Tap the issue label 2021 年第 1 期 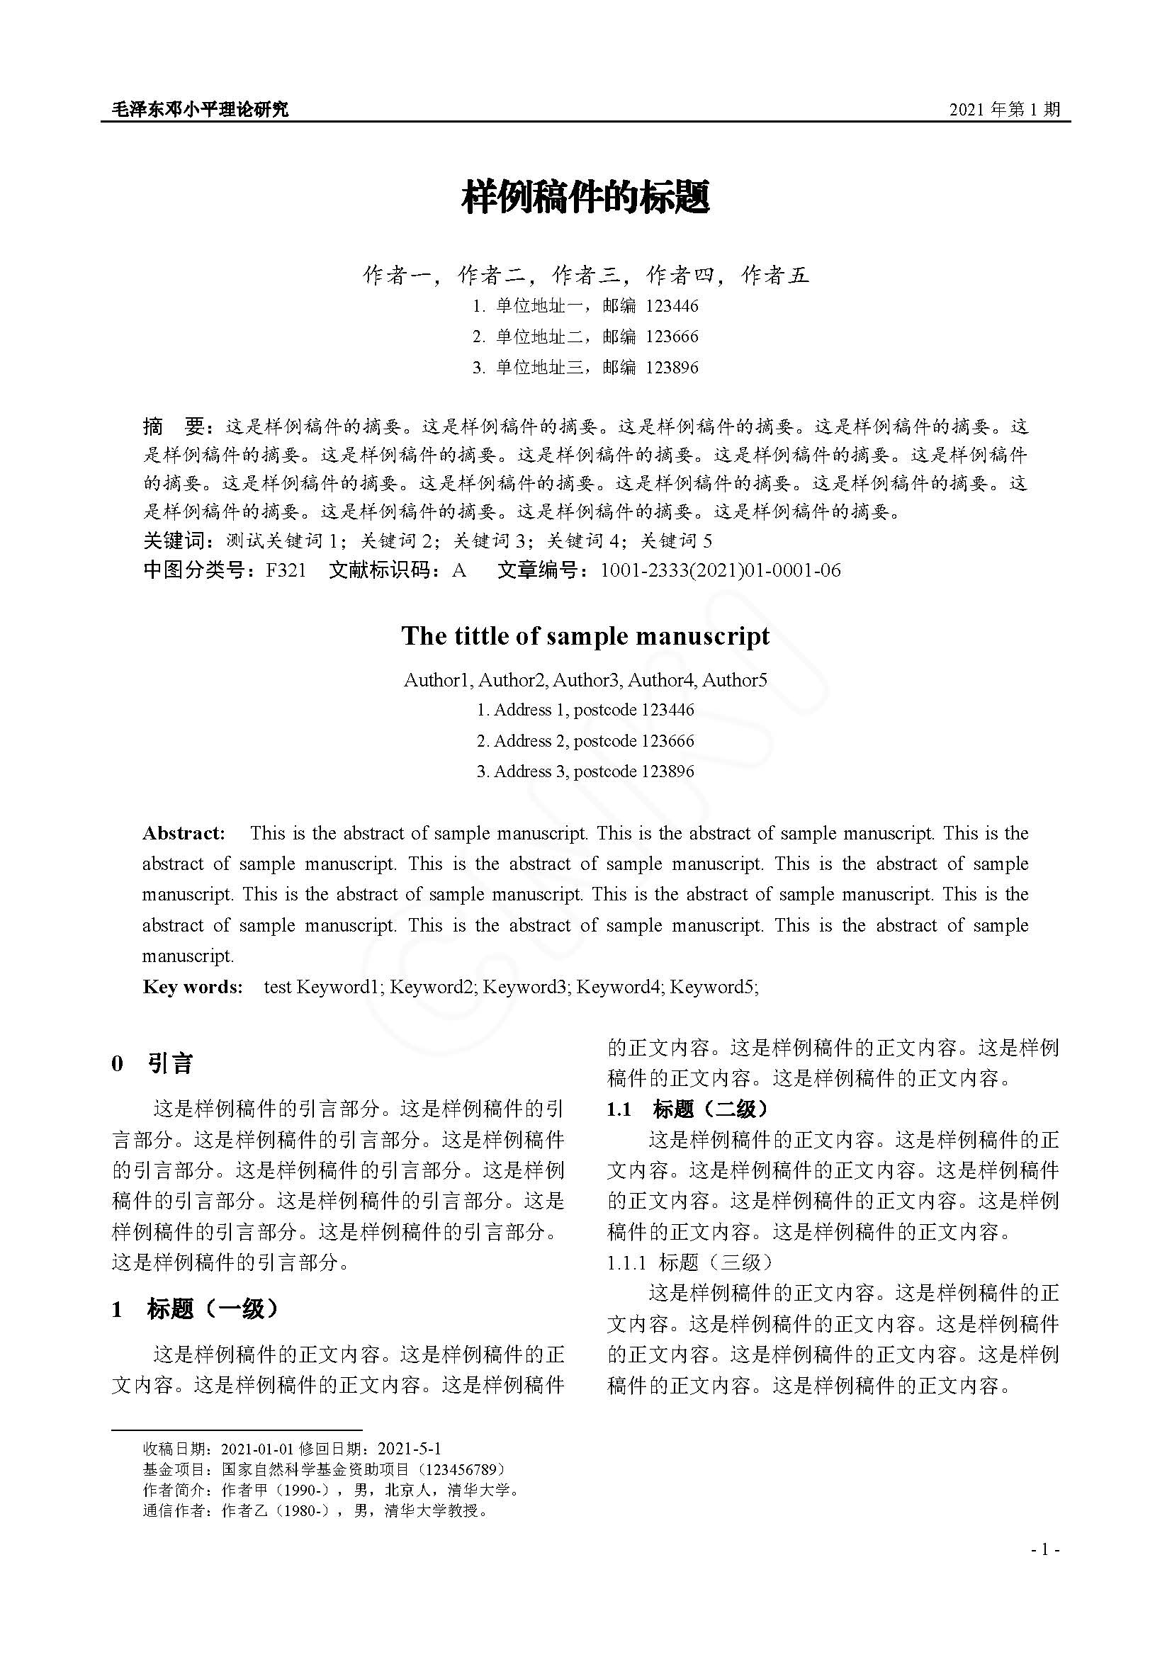point(1004,110)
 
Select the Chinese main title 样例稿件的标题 point(585,197)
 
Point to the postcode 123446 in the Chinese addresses point(672,306)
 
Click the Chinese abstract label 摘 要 point(174,426)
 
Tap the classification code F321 point(286,570)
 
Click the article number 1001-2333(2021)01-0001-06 point(720,570)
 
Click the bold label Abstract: point(184,834)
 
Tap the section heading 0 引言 point(152,1063)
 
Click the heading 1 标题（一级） point(195,1308)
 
